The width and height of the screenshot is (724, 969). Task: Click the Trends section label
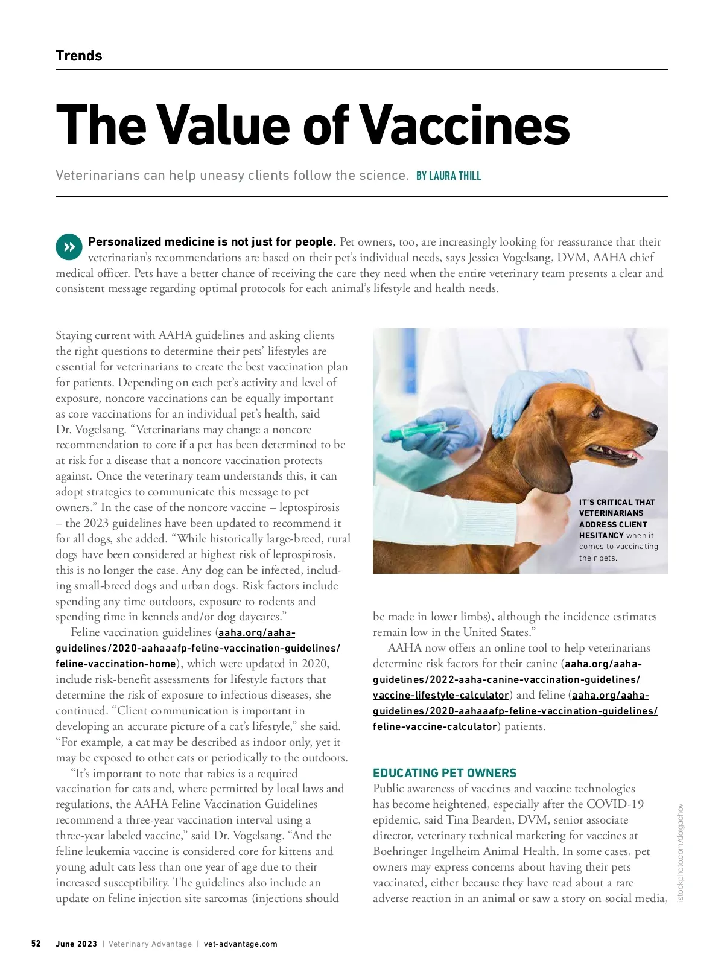tap(78, 56)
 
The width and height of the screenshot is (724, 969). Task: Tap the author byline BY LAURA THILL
tap(448, 176)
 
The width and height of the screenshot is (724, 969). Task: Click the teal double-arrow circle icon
tap(69, 247)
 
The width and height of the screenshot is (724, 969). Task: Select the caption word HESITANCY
tap(601, 536)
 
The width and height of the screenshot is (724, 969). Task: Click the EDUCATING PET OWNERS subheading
tap(445, 773)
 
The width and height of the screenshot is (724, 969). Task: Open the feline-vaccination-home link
tap(116, 664)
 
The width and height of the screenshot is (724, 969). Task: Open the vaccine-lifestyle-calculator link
tap(440, 695)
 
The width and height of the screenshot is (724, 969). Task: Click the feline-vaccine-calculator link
tap(434, 726)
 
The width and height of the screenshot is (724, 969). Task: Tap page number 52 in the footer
tap(36, 944)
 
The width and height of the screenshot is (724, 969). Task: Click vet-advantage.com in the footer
tap(241, 944)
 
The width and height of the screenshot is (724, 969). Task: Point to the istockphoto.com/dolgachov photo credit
tap(681, 852)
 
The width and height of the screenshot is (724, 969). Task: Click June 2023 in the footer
tap(76, 944)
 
